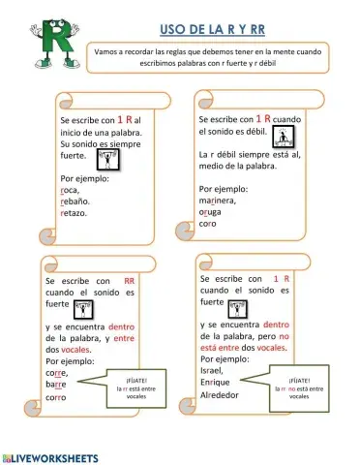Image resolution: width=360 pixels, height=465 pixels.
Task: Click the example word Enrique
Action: pyautogui.click(x=218, y=384)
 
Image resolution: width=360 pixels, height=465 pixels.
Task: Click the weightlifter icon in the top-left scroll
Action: pyautogui.click(x=109, y=157)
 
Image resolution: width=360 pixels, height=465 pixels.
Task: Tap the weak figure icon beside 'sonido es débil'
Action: pyautogui.click(x=284, y=133)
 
